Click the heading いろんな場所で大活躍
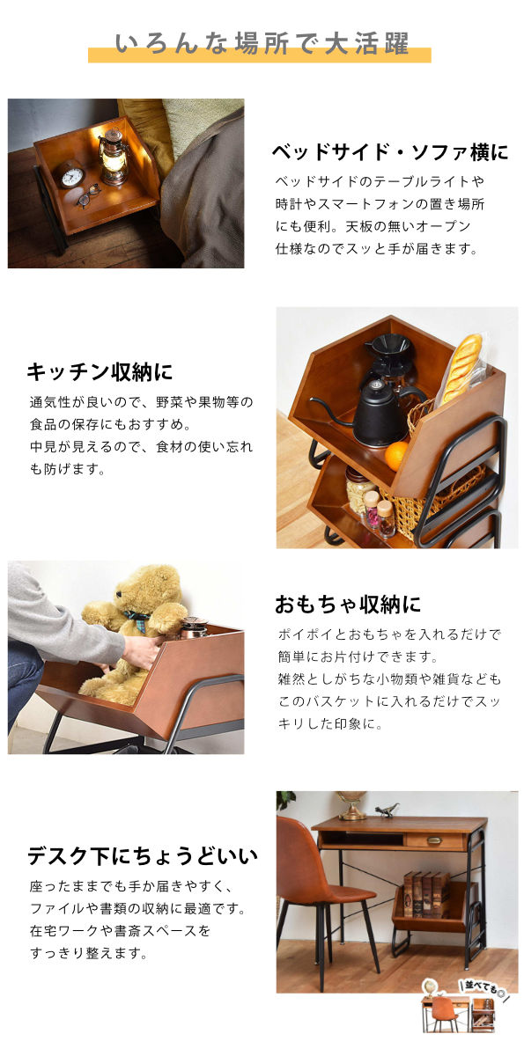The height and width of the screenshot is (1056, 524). pos(262,44)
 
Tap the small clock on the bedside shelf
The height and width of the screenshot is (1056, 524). pos(72,174)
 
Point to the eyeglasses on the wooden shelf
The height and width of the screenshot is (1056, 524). pos(89,195)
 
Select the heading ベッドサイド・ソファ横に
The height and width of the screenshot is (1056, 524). pos(390,151)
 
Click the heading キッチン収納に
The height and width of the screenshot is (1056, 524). pos(100,371)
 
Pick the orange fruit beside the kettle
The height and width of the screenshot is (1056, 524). pos(397,456)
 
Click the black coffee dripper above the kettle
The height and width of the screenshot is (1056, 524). pos(389,350)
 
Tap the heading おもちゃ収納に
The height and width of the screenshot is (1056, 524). pos(348,604)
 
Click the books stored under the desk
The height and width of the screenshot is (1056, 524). pos(426,893)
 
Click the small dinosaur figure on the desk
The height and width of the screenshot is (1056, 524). pos(387,810)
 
